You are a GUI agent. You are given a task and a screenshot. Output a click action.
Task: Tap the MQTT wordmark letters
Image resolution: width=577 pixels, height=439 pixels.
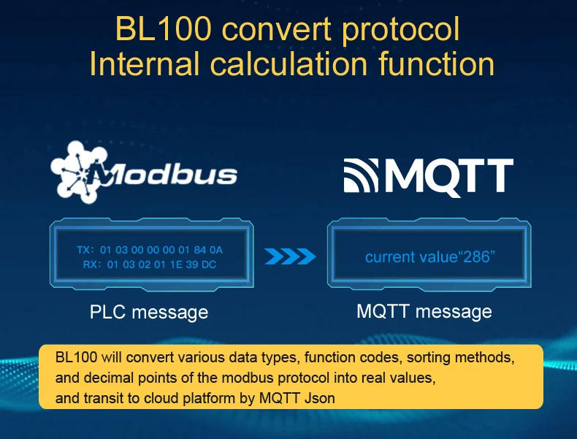[449, 176]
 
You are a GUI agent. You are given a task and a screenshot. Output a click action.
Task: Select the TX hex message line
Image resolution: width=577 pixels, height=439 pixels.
[150, 251]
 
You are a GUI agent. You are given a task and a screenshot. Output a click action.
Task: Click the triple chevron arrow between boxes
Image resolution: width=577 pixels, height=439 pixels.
[290, 256]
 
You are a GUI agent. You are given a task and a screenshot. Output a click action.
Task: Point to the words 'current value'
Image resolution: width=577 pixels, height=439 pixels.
[409, 257]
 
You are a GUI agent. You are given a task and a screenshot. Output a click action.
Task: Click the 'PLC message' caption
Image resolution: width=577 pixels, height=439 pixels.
[149, 312]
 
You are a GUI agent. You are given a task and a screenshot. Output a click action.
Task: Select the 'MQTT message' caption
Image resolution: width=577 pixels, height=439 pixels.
[424, 311]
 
